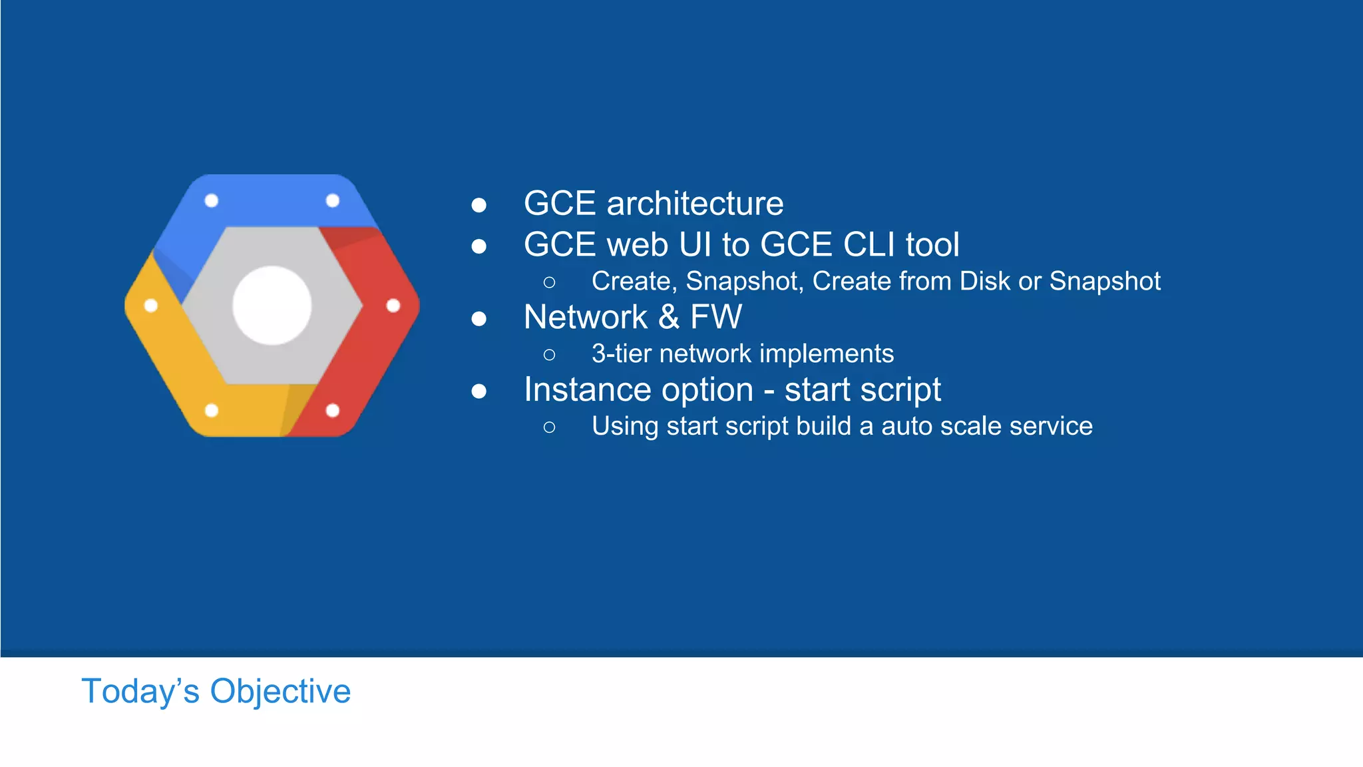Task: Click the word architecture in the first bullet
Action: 695,204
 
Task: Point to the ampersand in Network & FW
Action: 668,317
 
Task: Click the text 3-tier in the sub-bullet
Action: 621,354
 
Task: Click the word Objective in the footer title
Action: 280,691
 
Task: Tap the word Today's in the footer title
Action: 140,691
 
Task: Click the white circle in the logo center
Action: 272,306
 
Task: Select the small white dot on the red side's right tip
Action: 393,306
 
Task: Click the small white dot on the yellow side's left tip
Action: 151,306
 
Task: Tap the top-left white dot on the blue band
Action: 212,200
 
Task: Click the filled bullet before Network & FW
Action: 479,319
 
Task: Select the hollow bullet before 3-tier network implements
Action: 549,355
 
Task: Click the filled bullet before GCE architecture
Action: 479,205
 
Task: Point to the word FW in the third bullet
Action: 715,317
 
